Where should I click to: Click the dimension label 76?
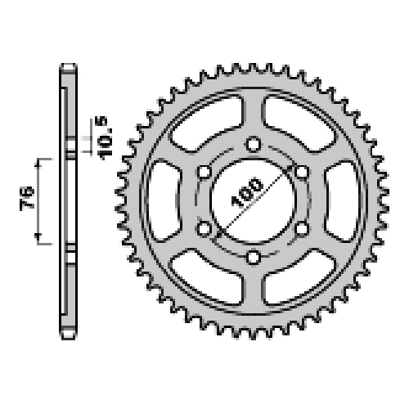point(27,198)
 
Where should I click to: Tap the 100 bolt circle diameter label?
point(247,192)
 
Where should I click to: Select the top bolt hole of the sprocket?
point(254,144)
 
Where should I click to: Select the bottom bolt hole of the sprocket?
point(254,257)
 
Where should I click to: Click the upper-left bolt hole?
point(204,173)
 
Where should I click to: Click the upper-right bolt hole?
point(302,173)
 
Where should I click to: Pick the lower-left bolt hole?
point(204,229)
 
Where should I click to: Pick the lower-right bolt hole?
point(302,229)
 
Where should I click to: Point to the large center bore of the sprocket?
point(254,201)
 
